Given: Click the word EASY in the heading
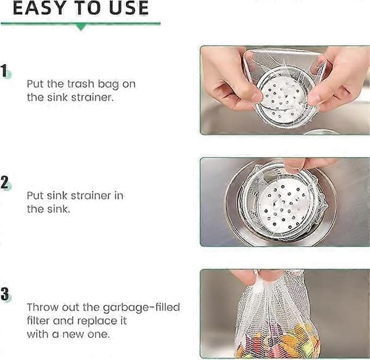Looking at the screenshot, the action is [x=39, y=8].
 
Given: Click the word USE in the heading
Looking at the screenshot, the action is [x=129, y=8].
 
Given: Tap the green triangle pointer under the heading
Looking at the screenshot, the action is [x=81, y=27].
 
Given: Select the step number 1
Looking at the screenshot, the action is [x=4, y=70].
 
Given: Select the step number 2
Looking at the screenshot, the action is [x=4, y=182].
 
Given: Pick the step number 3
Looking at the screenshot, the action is [x=4, y=293].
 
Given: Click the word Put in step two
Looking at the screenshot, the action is [x=35, y=195].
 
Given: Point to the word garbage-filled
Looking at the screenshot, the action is [x=141, y=308].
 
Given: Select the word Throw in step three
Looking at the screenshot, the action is [x=44, y=307].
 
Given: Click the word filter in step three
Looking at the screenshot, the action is [x=38, y=321].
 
